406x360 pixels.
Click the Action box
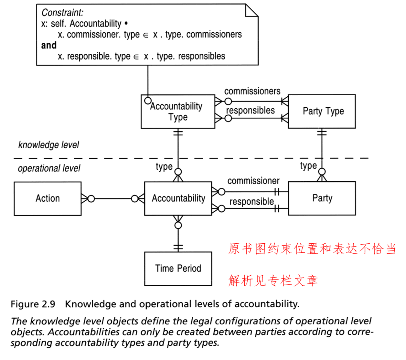pos(47,199)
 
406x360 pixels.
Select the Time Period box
pos(178,268)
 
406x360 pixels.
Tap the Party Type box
pos(322,111)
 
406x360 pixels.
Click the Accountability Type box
pos(178,112)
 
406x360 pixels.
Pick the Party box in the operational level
pos(322,198)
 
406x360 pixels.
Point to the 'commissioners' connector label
pos(252,91)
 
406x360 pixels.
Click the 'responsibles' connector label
pos(250,111)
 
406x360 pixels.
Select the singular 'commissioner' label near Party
pos(253,181)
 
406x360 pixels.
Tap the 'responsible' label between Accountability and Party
pos(251,202)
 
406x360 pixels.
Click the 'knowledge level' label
pos(49,145)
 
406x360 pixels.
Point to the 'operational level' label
pos(49,168)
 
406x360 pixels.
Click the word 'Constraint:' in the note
pos(62,12)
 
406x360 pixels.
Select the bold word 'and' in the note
pos(49,46)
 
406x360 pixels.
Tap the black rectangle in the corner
pos(396,27)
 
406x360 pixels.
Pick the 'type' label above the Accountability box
pos(164,166)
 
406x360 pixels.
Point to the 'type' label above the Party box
pos(308,166)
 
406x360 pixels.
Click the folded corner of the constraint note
pos(251,11)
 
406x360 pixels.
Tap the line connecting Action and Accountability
pos(113,199)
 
